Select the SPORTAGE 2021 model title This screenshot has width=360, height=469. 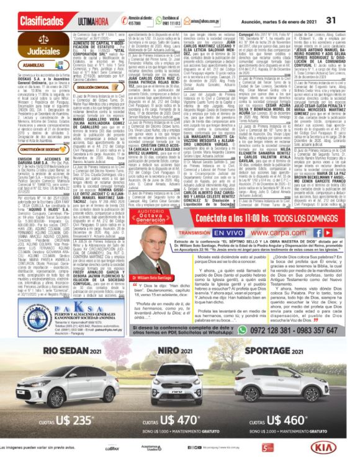[290, 352]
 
